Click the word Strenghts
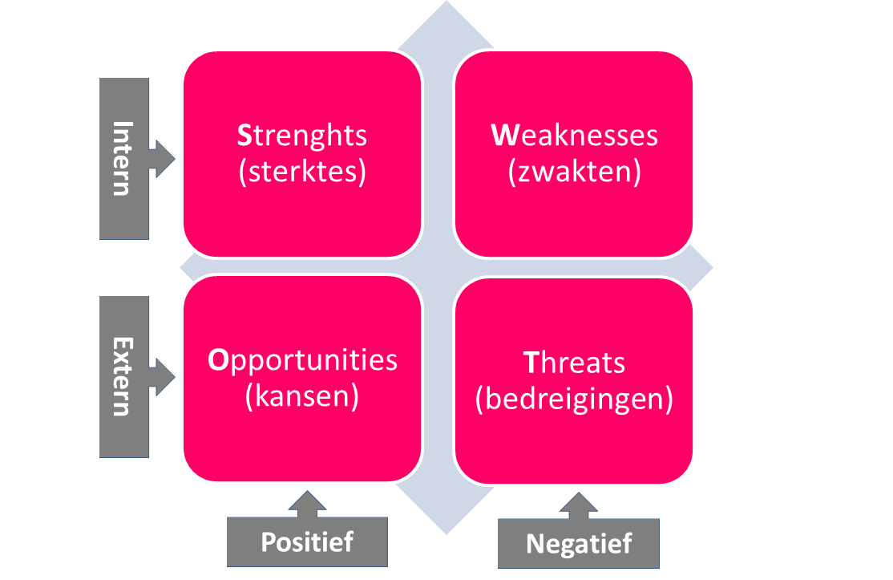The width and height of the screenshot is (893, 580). (302, 136)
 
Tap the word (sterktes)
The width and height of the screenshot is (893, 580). (302, 172)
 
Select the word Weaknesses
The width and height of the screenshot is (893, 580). (574, 135)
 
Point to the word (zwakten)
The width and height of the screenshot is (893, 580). (574, 172)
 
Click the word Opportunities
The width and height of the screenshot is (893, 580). (302, 361)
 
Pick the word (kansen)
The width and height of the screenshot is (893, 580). (302, 396)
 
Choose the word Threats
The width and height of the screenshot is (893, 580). (574, 363)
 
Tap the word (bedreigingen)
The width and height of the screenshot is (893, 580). (574, 399)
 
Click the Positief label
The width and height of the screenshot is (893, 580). (307, 541)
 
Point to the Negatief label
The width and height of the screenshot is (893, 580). (579, 544)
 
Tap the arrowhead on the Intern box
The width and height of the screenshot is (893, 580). (164, 159)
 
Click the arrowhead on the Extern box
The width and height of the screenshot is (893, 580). (164, 376)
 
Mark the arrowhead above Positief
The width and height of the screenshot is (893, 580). (308, 502)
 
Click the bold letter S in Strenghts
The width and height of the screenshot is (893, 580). (244, 136)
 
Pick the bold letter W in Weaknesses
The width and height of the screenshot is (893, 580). (504, 135)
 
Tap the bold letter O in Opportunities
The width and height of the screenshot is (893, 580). (218, 359)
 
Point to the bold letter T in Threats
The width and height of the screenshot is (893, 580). (531, 363)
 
